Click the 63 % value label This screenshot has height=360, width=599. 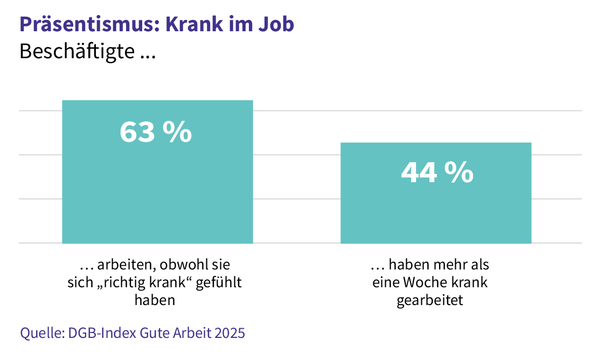(x=155, y=131)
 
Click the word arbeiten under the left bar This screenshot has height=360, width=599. (x=119, y=265)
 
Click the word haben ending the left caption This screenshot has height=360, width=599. (x=155, y=300)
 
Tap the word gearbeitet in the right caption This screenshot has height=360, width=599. (x=430, y=300)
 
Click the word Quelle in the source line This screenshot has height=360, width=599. (x=41, y=333)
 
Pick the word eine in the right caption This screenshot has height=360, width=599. (x=385, y=283)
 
